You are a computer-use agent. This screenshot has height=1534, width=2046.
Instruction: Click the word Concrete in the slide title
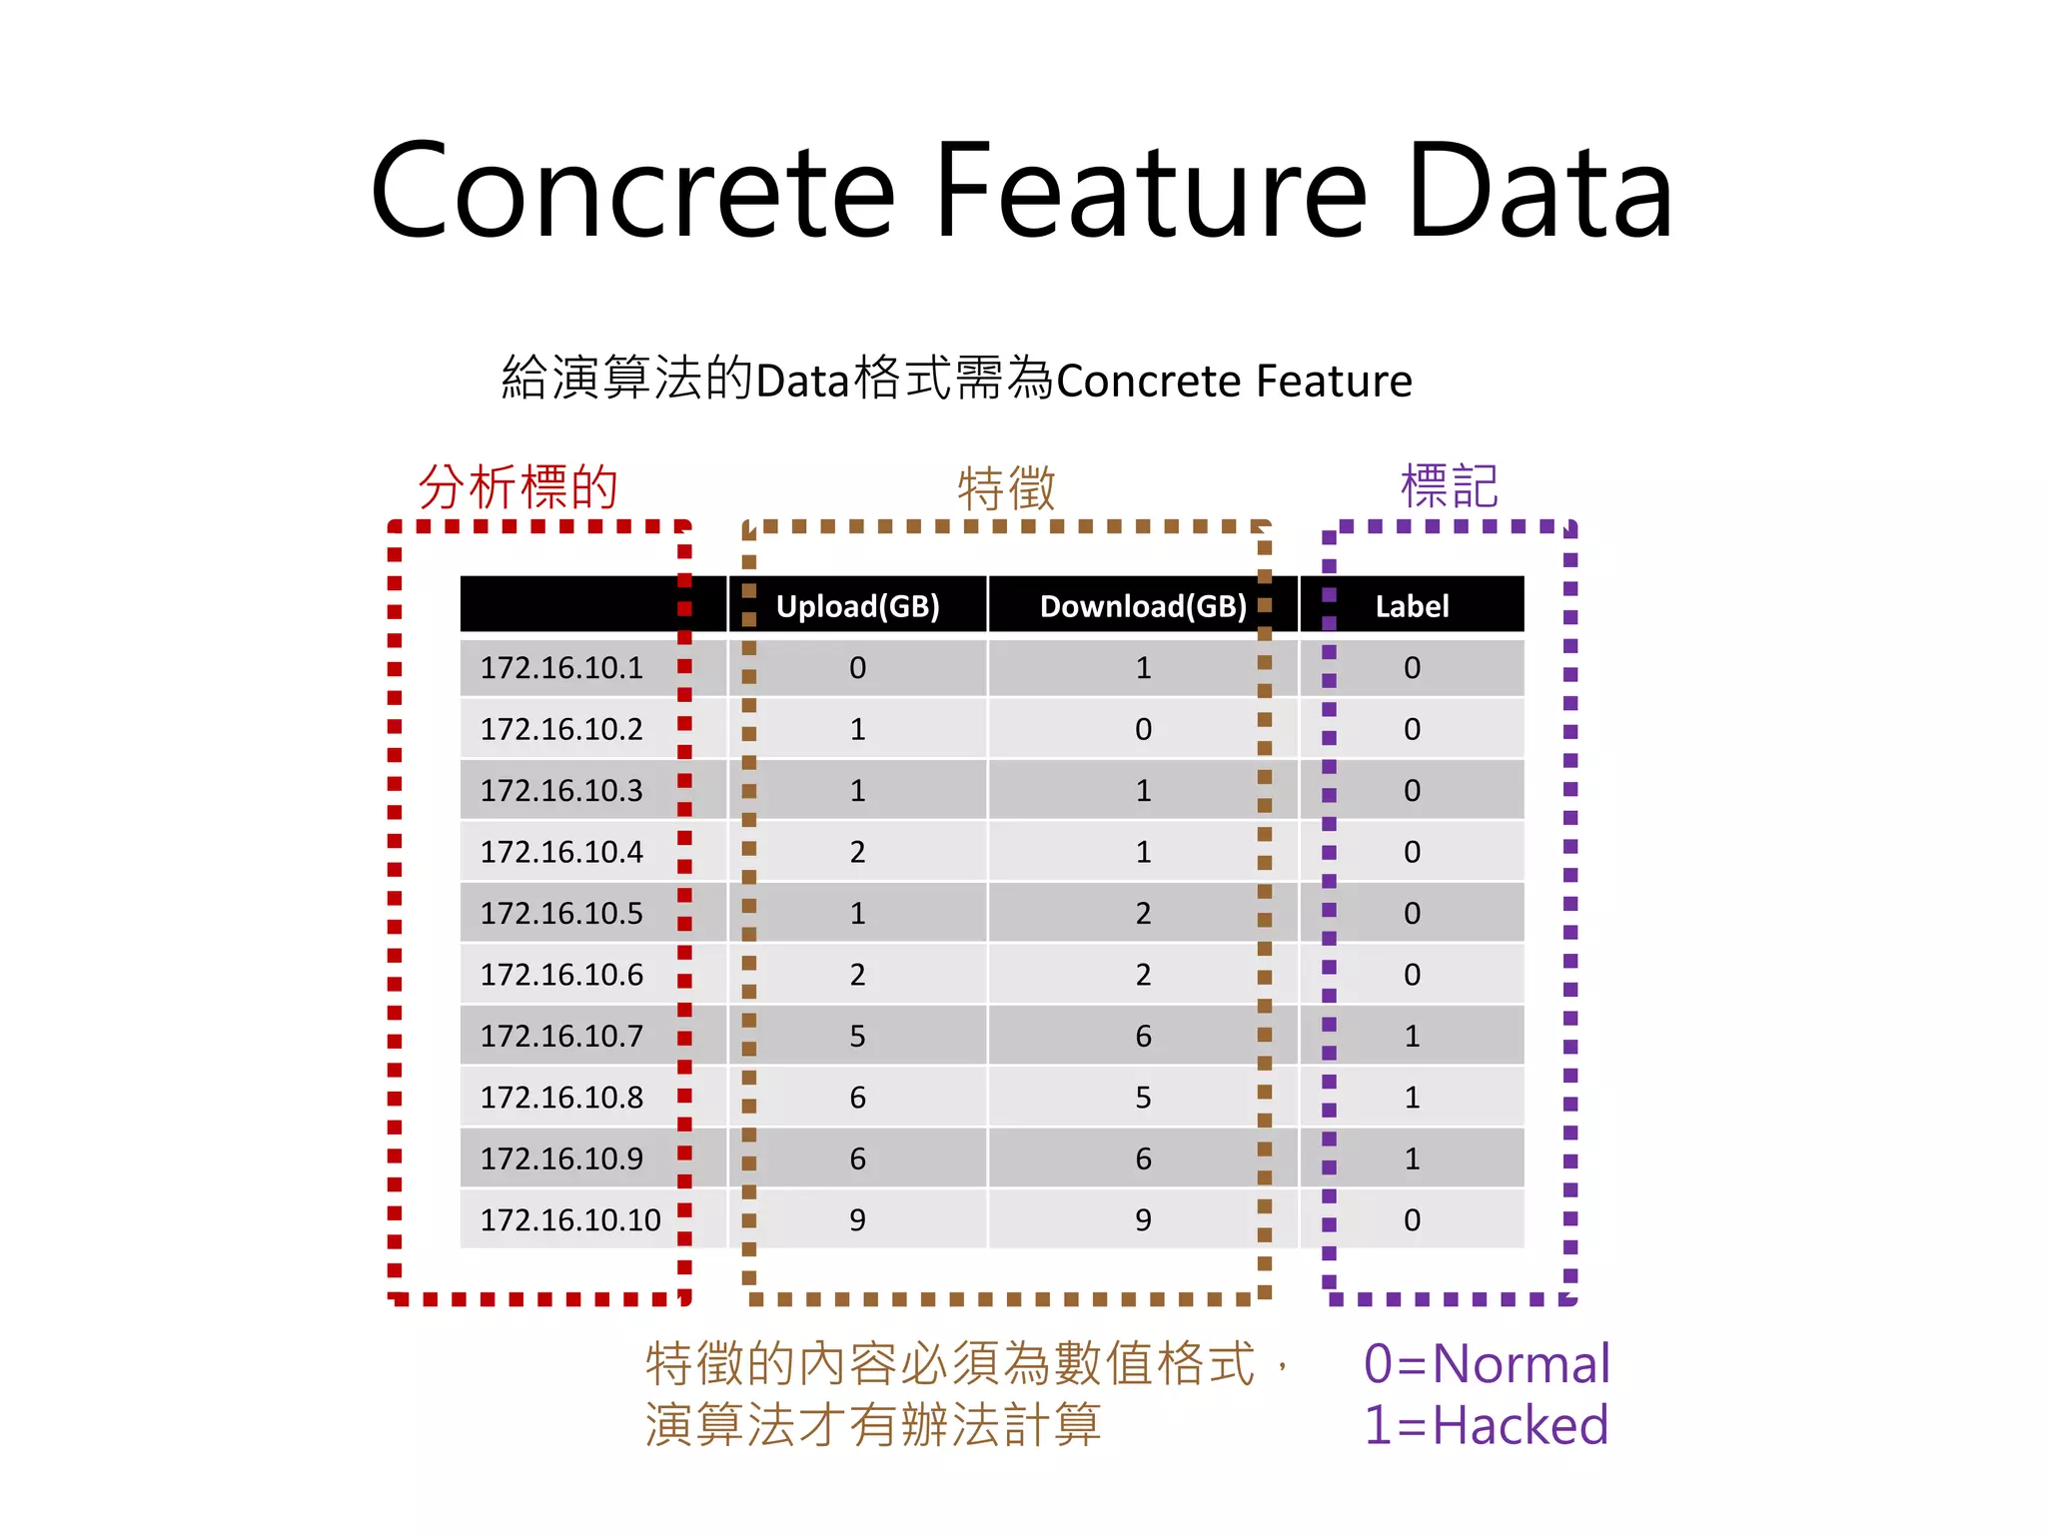pos(631,191)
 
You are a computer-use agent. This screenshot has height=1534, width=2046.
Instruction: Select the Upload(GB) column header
pos(857,606)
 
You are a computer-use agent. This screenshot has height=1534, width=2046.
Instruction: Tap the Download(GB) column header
pos(1143,606)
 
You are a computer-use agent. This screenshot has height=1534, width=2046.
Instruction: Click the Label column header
pos(1411,606)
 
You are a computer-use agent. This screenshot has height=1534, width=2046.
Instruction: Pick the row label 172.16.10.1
pos(561,668)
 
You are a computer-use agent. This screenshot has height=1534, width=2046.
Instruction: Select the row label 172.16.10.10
pos(570,1220)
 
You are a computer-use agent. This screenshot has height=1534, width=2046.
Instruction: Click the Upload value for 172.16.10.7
pos(857,1037)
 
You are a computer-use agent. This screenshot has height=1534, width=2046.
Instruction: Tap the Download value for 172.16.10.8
pos(1143,1098)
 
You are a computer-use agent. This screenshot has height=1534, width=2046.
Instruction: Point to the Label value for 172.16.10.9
pos(1411,1159)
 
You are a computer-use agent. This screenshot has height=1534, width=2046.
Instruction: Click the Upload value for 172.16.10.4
pos(857,852)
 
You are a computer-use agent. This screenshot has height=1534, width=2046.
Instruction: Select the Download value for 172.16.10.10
pos(1143,1220)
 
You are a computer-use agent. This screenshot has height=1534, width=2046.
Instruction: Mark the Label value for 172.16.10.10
pos(1411,1220)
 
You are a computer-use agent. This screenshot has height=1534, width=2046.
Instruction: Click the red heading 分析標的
pos(517,487)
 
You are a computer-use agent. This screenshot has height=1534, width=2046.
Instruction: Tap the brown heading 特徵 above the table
pos(1006,488)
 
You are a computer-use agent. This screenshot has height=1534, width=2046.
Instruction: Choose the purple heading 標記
pos(1449,486)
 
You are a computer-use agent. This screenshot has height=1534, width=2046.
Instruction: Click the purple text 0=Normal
pos(1486,1364)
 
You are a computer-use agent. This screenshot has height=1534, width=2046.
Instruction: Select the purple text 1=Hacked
pos(1486,1425)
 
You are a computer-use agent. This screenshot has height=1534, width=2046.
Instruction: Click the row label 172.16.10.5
pos(561,914)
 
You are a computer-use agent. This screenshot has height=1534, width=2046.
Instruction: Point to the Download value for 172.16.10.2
pos(1143,729)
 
